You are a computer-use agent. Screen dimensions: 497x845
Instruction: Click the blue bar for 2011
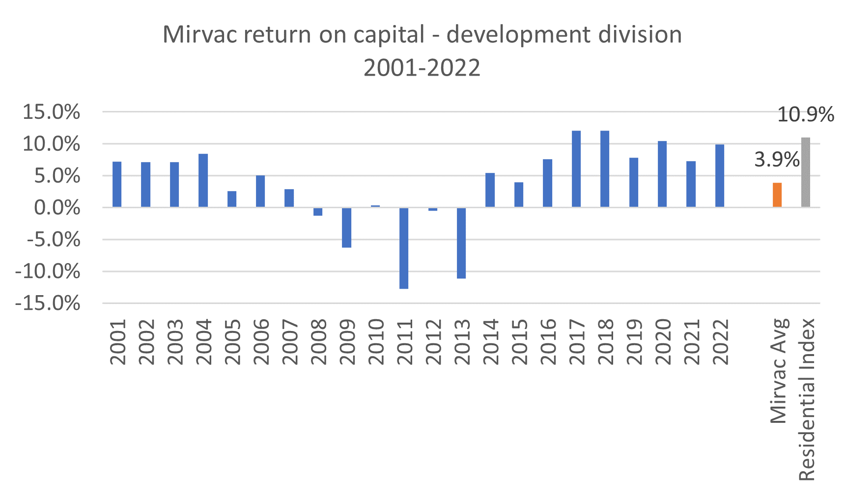pyautogui.click(x=404, y=248)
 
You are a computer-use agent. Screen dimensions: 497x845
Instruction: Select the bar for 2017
pyautogui.click(x=576, y=169)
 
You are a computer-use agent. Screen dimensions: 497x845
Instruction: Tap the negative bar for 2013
pyautogui.click(x=461, y=243)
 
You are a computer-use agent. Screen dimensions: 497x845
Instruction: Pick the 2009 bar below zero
pyautogui.click(x=347, y=227)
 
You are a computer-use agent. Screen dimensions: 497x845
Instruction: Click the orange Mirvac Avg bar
pyautogui.click(x=777, y=195)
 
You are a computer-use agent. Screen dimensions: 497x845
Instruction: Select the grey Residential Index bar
pyautogui.click(x=806, y=172)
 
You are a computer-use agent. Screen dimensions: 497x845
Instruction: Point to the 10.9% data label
pyautogui.click(x=805, y=115)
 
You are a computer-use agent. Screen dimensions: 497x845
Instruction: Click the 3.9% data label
pyautogui.click(x=777, y=160)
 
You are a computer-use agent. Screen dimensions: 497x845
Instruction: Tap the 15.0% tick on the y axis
pyautogui.click(x=52, y=112)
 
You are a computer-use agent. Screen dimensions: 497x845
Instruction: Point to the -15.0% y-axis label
pyautogui.click(x=48, y=304)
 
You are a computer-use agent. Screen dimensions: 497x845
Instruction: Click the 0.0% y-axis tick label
pyautogui.click(x=57, y=208)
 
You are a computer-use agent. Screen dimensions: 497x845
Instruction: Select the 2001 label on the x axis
pyautogui.click(x=118, y=342)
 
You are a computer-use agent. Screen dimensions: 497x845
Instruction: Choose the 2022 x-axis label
pyautogui.click(x=720, y=342)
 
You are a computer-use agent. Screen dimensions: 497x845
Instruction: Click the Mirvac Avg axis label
pyautogui.click(x=779, y=371)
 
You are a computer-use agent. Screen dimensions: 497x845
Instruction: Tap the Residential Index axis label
pyautogui.click(x=807, y=399)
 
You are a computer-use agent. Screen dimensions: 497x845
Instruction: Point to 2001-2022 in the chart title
pyautogui.click(x=422, y=68)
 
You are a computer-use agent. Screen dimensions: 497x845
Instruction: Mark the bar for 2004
pyautogui.click(x=203, y=180)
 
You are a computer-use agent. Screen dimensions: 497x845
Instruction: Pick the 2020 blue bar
pyautogui.click(x=662, y=174)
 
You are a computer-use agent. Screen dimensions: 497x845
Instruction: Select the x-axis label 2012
pyautogui.click(x=433, y=342)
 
